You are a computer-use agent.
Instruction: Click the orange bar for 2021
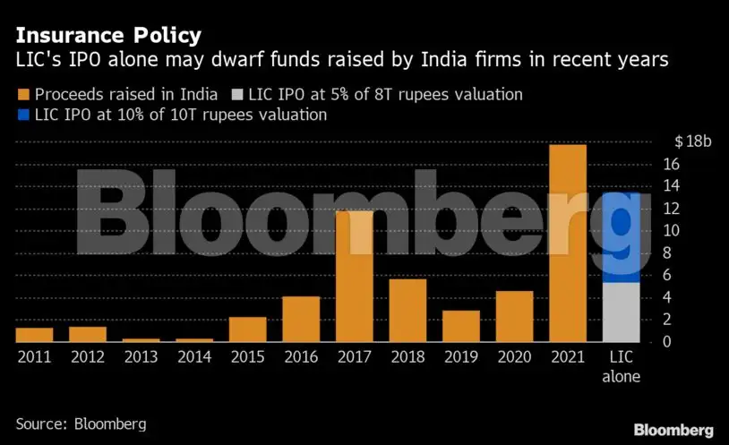pyautogui.click(x=568, y=243)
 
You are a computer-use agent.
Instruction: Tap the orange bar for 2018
pyautogui.click(x=407, y=310)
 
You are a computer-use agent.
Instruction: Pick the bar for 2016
pyautogui.click(x=301, y=319)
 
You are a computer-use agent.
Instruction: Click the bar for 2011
pyautogui.click(x=34, y=334)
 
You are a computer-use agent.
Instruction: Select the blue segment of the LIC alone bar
pyautogui.click(x=622, y=237)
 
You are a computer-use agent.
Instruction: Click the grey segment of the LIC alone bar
pyautogui.click(x=622, y=312)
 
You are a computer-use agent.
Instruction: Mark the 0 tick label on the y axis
pyautogui.click(x=667, y=342)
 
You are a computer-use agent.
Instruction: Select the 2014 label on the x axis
pyautogui.click(x=194, y=356)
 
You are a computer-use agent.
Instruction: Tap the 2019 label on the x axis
pyautogui.click(x=461, y=356)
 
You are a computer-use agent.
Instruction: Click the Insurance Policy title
pyautogui.click(x=107, y=37)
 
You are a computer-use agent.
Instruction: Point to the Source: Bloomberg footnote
pyautogui.click(x=81, y=423)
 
